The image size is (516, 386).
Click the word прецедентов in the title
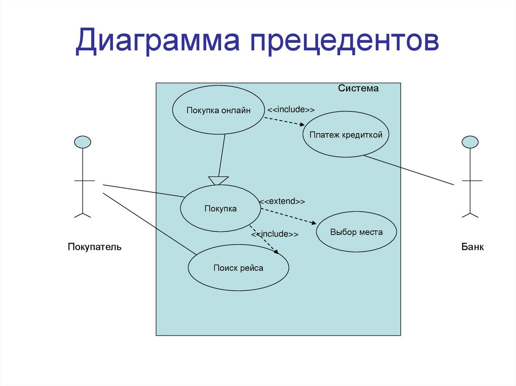click(x=343, y=41)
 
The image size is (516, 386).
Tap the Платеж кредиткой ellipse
click(x=346, y=134)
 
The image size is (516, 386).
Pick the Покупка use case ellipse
click(x=220, y=208)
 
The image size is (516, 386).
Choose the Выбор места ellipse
click(x=356, y=232)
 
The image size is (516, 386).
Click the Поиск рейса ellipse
click(x=238, y=268)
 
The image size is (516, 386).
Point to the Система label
click(x=358, y=89)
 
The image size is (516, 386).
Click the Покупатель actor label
click(x=95, y=247)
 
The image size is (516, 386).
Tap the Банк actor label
click(x=473, y=247)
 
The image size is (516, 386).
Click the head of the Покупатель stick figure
click(x=83, y=142)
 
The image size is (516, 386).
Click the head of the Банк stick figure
click(x=470, y=142)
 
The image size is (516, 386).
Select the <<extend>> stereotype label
click(x=282, y=201)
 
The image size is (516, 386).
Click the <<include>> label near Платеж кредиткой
click(x=291, y=110)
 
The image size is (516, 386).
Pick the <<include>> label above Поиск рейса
click(x=275, y=234)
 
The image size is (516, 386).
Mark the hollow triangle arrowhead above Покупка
click(x=218, y=180)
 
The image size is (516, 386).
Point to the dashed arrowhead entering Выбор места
click(x=314, y=224)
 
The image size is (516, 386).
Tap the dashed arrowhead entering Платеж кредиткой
click(x=302, y=125)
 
